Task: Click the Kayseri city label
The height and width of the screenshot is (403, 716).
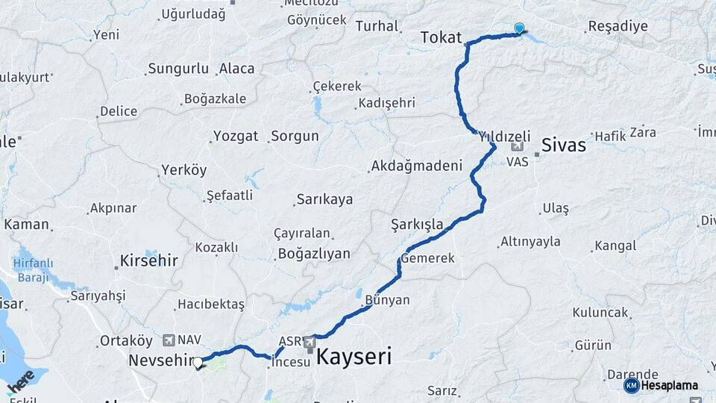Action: tap(354, 357)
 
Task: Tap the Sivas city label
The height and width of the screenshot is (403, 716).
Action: tap(564, 145)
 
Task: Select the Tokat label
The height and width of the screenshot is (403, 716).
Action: tap(442, 37)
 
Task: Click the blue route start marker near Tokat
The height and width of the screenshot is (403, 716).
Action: tap(519, 28)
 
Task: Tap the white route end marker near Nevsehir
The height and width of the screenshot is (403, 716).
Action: tap(198, 363)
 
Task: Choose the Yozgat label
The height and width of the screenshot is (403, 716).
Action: tap(236, 137)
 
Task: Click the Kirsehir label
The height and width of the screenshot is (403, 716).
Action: tap(148, 261)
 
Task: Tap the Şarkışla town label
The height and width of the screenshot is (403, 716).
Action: tap(417, 224)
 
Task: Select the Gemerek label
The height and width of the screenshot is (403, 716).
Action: tap(427, 258)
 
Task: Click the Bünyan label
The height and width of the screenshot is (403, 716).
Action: tap(387, 300)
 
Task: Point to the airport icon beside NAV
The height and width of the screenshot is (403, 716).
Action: tap(167, 340)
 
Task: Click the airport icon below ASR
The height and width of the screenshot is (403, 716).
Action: tap(310, 345)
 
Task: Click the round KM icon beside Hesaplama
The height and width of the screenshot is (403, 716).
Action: tap(631, 385)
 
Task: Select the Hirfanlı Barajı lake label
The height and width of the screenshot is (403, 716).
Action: tap(32, 269)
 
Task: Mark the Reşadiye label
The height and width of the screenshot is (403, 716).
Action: tap(618, 27)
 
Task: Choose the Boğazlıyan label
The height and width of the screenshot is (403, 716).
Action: tap(314, 254)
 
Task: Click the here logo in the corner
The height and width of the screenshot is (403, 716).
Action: tap(20, 381)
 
